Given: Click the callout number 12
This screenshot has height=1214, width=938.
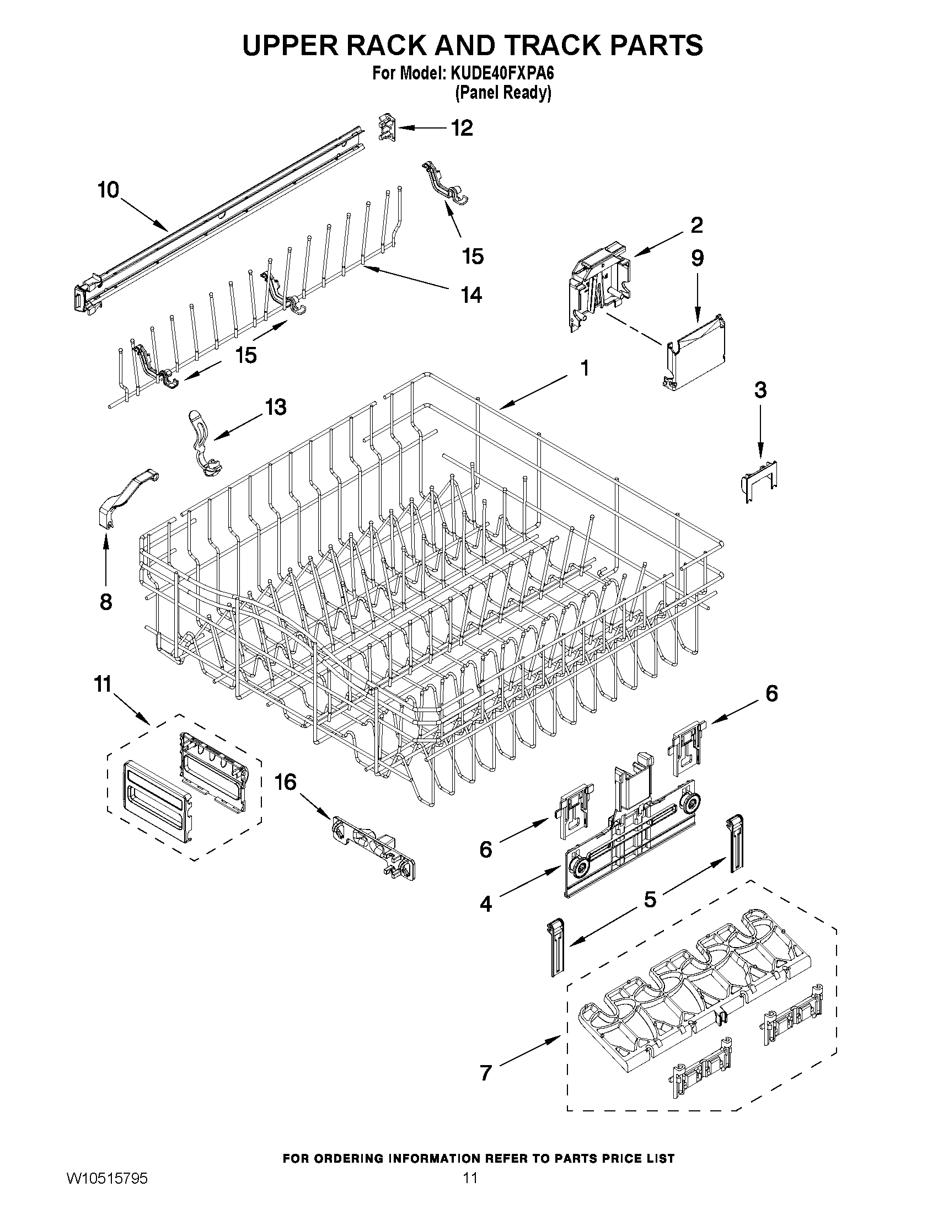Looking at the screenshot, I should coord(462,128).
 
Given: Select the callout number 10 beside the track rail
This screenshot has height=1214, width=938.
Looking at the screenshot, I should coord(109,190).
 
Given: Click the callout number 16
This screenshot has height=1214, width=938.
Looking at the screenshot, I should coord(286,783).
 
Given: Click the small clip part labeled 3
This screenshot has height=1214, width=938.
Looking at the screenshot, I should coord(760,480).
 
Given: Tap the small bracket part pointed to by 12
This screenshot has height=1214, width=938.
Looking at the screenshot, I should coord(388,127).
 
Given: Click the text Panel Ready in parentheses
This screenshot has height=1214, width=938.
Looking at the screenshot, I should coord(503,93).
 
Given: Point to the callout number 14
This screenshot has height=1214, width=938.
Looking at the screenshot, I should coord(471,295).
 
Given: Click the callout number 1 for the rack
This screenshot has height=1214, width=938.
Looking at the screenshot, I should coord(584,368).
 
